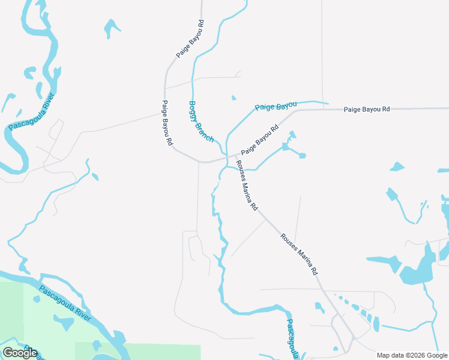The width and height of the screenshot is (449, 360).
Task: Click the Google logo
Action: pos(20,353)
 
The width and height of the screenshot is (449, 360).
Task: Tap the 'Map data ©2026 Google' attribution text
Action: pos(411,355)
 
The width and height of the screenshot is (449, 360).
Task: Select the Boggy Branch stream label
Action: pos(202,122)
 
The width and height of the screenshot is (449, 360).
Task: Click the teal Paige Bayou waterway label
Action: pos(276,107)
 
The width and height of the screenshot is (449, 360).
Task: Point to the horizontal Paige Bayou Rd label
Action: pos(367,109)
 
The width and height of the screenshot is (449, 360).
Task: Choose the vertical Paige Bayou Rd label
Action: pos(167,124)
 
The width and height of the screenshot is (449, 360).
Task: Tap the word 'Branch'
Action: pos(206,131)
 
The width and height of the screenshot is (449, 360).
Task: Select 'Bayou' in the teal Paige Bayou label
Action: pos(286,105)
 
